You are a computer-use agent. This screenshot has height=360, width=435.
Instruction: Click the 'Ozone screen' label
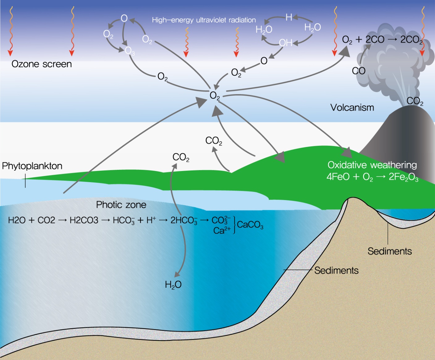pyautogui.click(x=41, y=64)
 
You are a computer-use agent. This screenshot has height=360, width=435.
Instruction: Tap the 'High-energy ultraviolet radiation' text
pyautogui.click(x=204, y=20)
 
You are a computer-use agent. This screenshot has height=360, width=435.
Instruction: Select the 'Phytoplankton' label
pyautogui.click(x=32, y=166)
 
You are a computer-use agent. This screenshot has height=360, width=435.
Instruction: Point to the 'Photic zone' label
pyautogui.click(x=121, y=205)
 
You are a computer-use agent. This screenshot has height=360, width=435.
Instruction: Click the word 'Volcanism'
pyautogui.click(x=352, y=107)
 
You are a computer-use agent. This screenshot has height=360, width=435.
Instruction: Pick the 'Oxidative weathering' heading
pyautogui.click(x=372, y=165)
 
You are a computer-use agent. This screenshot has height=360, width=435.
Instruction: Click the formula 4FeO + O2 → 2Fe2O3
pyautogui.click(x=372, y=177)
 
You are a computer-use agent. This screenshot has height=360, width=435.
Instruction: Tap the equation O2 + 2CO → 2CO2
pyautogui.click(x=382, y=40)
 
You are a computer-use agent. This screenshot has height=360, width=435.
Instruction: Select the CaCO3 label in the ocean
pyautogui.click(x=250, y=225)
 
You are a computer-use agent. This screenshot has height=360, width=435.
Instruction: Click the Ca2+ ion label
pyautogui.click(x=222, y=230)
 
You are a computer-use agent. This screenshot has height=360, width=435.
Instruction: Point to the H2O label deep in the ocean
pyautogui.click(x=173, y=284)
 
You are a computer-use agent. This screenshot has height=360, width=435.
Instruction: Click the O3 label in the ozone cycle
pyautogui.click(x=130, y=51)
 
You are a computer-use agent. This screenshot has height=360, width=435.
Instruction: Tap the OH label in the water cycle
pyautogui.click(x=285, y=43)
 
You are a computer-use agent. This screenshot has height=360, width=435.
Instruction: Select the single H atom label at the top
pyautogui.click(x=289, y=17)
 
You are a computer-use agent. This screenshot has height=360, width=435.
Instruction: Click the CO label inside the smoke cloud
pyautogui.click(x=358, y=71)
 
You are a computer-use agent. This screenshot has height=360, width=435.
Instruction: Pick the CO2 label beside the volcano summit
pyautogui.click(x=415, y=101)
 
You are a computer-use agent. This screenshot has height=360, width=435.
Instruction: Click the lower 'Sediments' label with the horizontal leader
pyautogui.click(x=336, y=270)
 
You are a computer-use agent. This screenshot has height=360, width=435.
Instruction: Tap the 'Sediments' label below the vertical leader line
pyautogui.click(x=390, y=251)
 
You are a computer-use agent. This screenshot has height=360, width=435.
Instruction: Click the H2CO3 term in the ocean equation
pyautogui.click(x=84, y=220)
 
